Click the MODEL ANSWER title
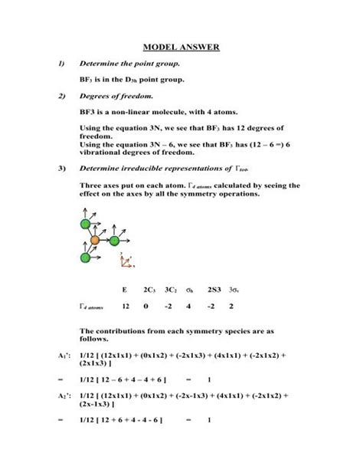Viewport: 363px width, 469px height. point(181,48)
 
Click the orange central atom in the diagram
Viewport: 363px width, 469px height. point(95,240)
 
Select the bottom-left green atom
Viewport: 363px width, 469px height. point(85,257)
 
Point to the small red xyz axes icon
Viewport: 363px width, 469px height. point(124,261)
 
